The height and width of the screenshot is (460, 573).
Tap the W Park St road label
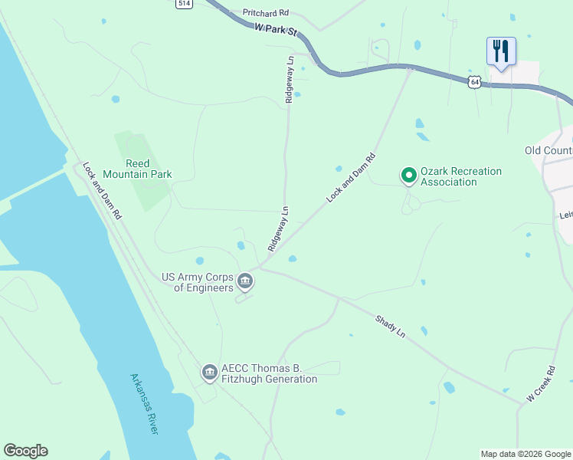pyautogui.click(x=276, y=31)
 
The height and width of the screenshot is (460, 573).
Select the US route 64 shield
pyautogui.click(x=476, y=81)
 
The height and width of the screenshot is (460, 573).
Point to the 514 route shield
pyautogui.click(x=183, y=4)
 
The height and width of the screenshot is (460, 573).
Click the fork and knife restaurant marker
pyautogui.click(x=501, y=51)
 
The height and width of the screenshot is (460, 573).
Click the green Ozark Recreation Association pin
pyautogui.click(x=409, y=176)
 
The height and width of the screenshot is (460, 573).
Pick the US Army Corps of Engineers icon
pyautogui.click(x=245, y=282)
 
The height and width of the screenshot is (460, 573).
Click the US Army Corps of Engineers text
pyautogui.click(x=197, y=282)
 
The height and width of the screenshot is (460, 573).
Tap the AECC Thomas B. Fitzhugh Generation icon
pyautogui.click(x=209, y=373)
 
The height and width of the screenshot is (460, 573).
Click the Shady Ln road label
pyautogui.click(x=390, y=326)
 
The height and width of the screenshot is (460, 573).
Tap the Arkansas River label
pyautogui.click(x=144, y=404)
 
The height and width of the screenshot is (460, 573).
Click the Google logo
pyautogui.click(x=25, y=451)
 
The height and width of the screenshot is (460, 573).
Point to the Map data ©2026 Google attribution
pyautogui.click(x=525, y=454)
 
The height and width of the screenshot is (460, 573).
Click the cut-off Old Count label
pyautogui.click(x=548, y=151)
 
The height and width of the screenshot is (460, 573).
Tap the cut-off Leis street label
pyautogui.click(x=566, y=216)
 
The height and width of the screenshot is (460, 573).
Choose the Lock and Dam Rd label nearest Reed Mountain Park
pyautogui.click(x=102, y=191)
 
